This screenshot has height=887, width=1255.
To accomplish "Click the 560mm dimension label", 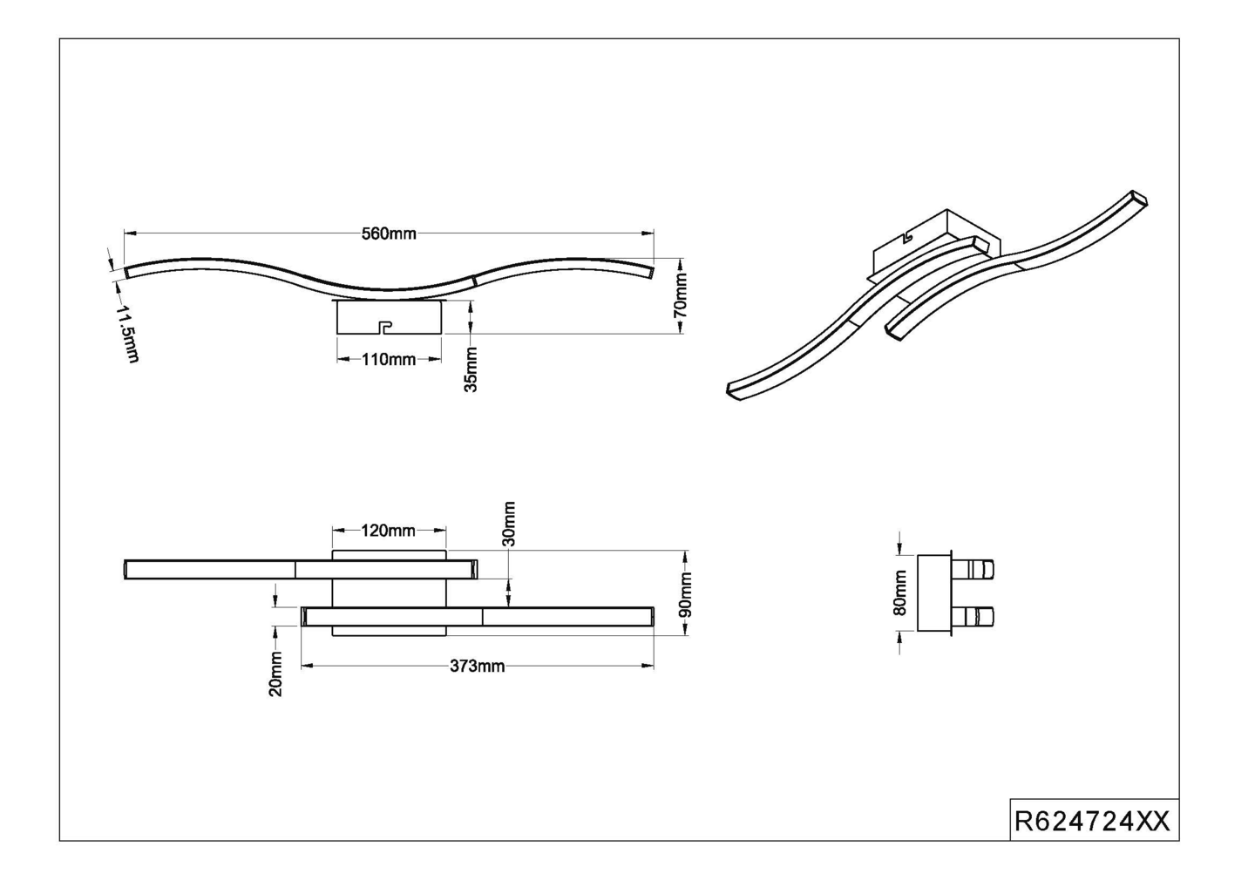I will click(x=389, y=234).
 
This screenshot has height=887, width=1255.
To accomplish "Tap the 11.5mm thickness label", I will click(x=127, y=334).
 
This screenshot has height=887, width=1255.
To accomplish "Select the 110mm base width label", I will click(x=389, y=359).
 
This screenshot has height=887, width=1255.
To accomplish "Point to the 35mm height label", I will click(x=471, y=369).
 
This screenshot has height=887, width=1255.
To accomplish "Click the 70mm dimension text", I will click(x=682, y=295).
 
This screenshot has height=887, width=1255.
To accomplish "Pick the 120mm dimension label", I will click(x=389, y=531).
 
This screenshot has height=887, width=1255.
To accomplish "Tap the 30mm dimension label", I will click(x=509, y=524).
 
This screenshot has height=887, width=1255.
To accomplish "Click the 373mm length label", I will click(x=477, y=667).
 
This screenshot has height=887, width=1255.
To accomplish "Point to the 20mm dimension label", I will click(x=275, y=674).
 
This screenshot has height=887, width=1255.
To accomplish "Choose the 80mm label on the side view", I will click(x=900, y=592).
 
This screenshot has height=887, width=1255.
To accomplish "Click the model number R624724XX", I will click(x=1093, y=821).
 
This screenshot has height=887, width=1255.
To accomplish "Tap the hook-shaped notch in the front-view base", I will click(x=383, y=327).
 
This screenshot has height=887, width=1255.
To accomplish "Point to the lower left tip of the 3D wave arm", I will click(x=734, y=390).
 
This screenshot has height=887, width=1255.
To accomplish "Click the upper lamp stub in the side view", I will click(x=975, y=570).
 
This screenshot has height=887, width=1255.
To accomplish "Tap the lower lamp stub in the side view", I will click(x=975, y=618).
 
